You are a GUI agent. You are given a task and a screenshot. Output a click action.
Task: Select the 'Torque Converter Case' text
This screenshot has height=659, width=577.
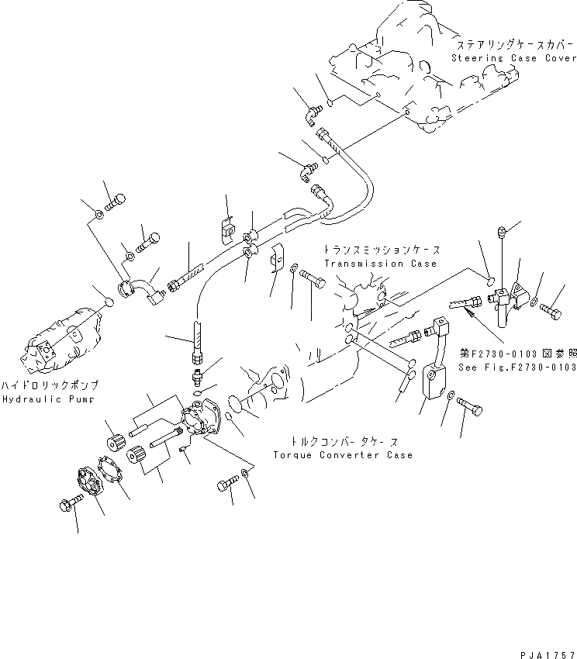tap(342, 454)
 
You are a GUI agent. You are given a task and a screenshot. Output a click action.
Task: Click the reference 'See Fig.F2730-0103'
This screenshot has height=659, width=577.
tap(517, 367)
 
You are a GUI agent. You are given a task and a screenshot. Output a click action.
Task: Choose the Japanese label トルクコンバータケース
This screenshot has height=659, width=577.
tap(342, 441)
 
